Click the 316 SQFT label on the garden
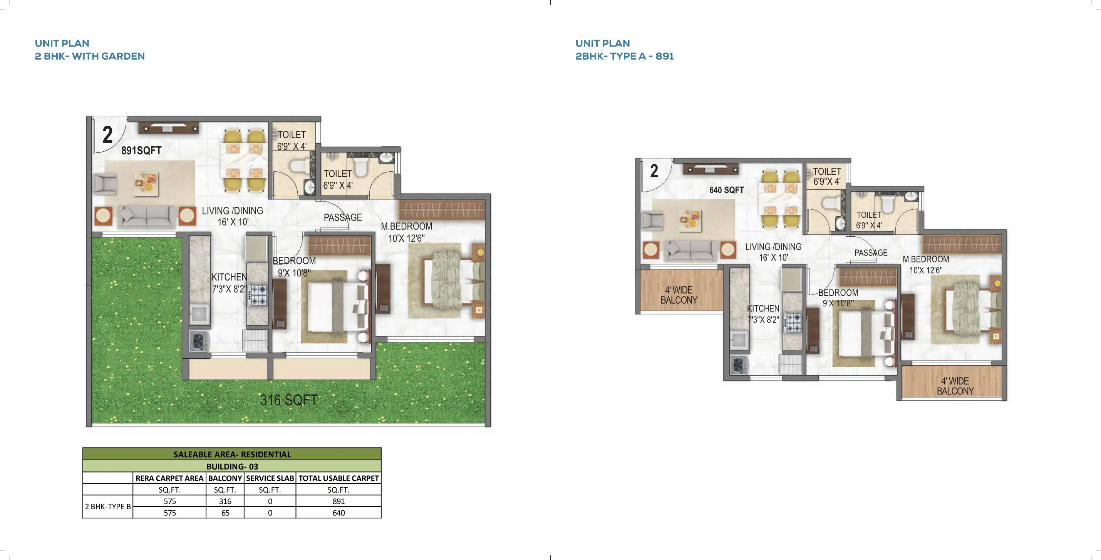289,400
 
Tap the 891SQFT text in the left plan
141,151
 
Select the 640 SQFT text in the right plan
727,190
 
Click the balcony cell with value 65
225,513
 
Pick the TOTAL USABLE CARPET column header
338,478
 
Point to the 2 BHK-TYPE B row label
108,507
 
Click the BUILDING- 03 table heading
232,466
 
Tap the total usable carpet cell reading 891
338,501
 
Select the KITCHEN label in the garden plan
229,277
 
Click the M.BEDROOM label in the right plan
926,259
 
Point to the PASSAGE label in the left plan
343,217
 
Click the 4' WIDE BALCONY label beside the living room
679,295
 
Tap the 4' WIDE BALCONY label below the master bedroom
955,386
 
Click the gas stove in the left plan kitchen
258,295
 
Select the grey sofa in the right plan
691,250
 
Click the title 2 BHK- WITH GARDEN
90,56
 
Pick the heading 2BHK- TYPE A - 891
625,56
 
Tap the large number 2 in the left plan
107,135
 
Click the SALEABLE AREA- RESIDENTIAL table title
232,455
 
